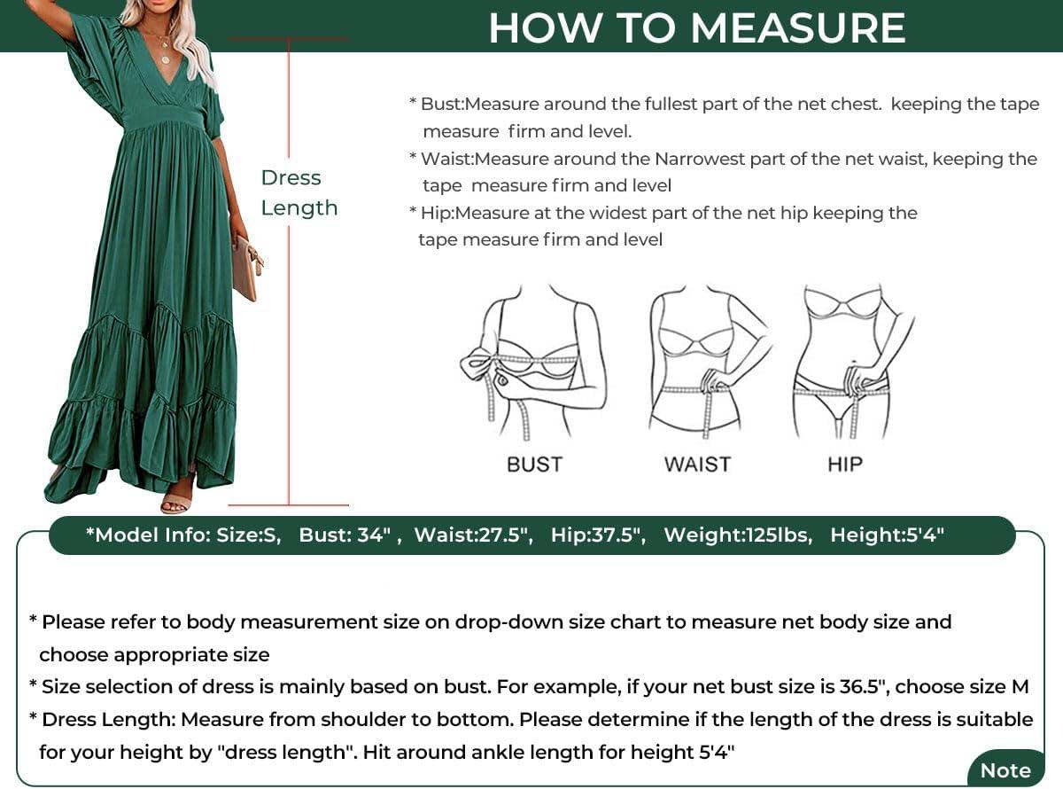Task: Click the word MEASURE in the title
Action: click(x=798, y=27)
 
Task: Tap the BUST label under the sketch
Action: click(x=534, y=465)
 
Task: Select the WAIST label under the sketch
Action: click(x=697, y=465)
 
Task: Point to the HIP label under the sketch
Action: click(x=845, y=465)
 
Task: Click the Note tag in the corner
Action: click(x=1005, y=770)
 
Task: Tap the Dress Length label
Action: click(x=299, y=192)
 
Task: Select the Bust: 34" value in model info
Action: click(x=345, y=535)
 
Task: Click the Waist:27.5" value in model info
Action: click(x=474, y=535)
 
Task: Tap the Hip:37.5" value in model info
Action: click(x=598, y=535)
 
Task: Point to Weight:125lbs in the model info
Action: click(x=738, y=535)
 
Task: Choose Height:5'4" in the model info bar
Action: click(x=887, y=535)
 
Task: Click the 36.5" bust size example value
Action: click(x=865, y=686)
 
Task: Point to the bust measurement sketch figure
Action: click(x=533, y=362)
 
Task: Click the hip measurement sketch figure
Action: click(x=853, y=362)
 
